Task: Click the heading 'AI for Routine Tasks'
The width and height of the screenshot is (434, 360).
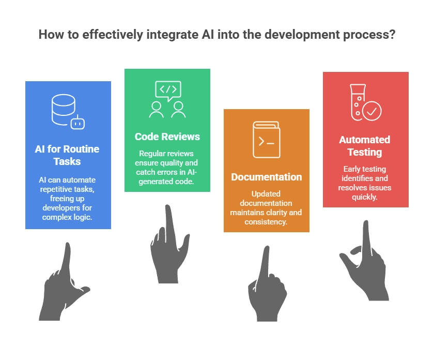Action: [68, 155]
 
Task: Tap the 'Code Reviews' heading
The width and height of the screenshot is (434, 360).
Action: [167, 137]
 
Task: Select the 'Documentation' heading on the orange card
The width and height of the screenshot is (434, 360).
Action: [266, 177]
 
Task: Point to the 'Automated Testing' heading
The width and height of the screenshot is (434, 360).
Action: [365, 146]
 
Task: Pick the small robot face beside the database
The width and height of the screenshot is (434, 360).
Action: [78, 123]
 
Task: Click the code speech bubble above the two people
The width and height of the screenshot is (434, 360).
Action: [167, 89]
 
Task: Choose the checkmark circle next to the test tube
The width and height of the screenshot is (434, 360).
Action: [372, 111]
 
